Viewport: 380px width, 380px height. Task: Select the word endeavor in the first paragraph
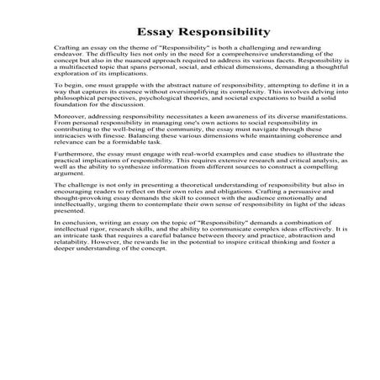(66, 61)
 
